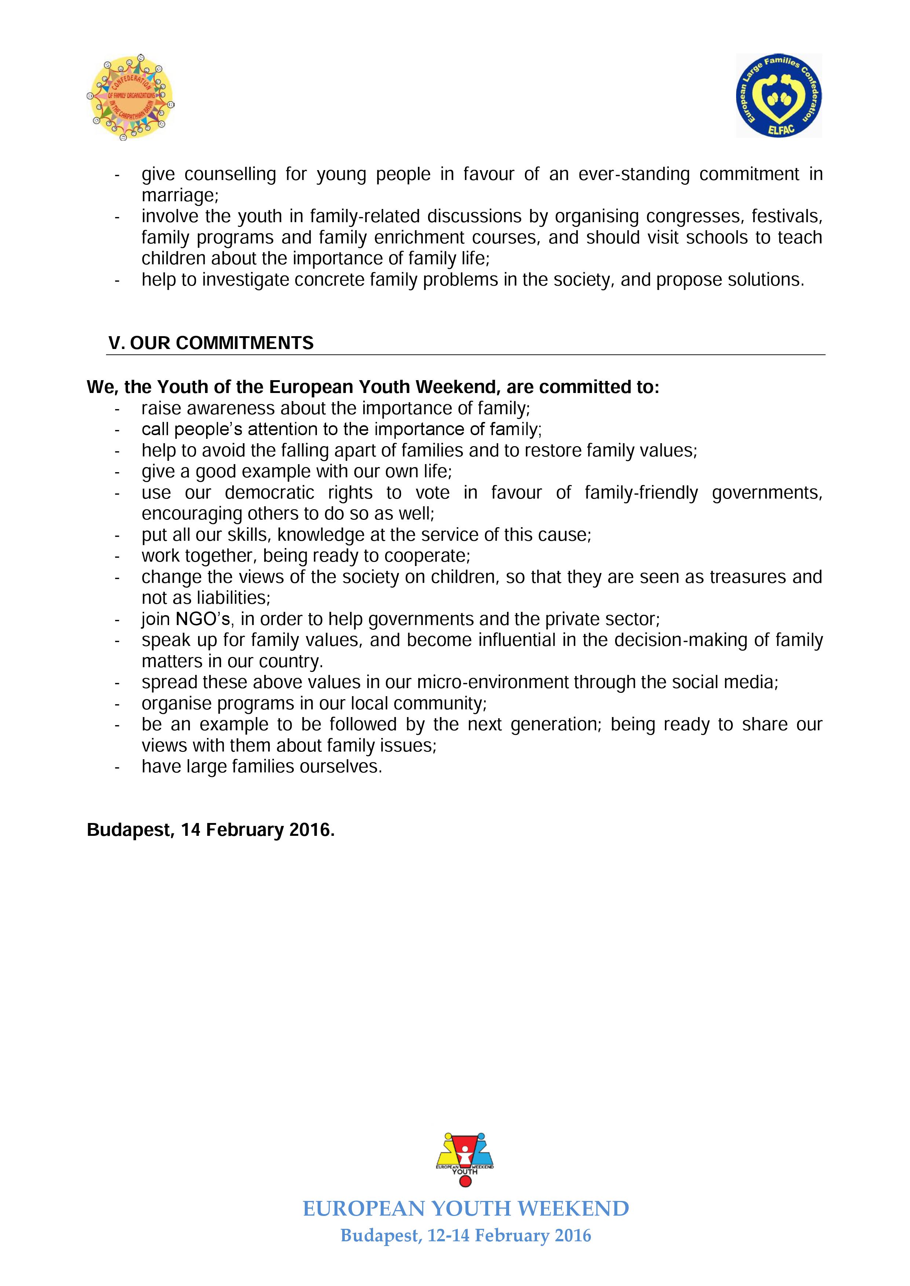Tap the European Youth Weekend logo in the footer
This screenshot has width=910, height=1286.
click(464, 1159)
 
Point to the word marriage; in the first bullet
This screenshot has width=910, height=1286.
click(180, 195)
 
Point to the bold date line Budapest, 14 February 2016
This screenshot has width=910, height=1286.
click(211, 830)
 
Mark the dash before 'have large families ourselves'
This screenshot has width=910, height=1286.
click(117, 767)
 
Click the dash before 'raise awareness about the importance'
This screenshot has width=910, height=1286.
click(117, 409)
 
